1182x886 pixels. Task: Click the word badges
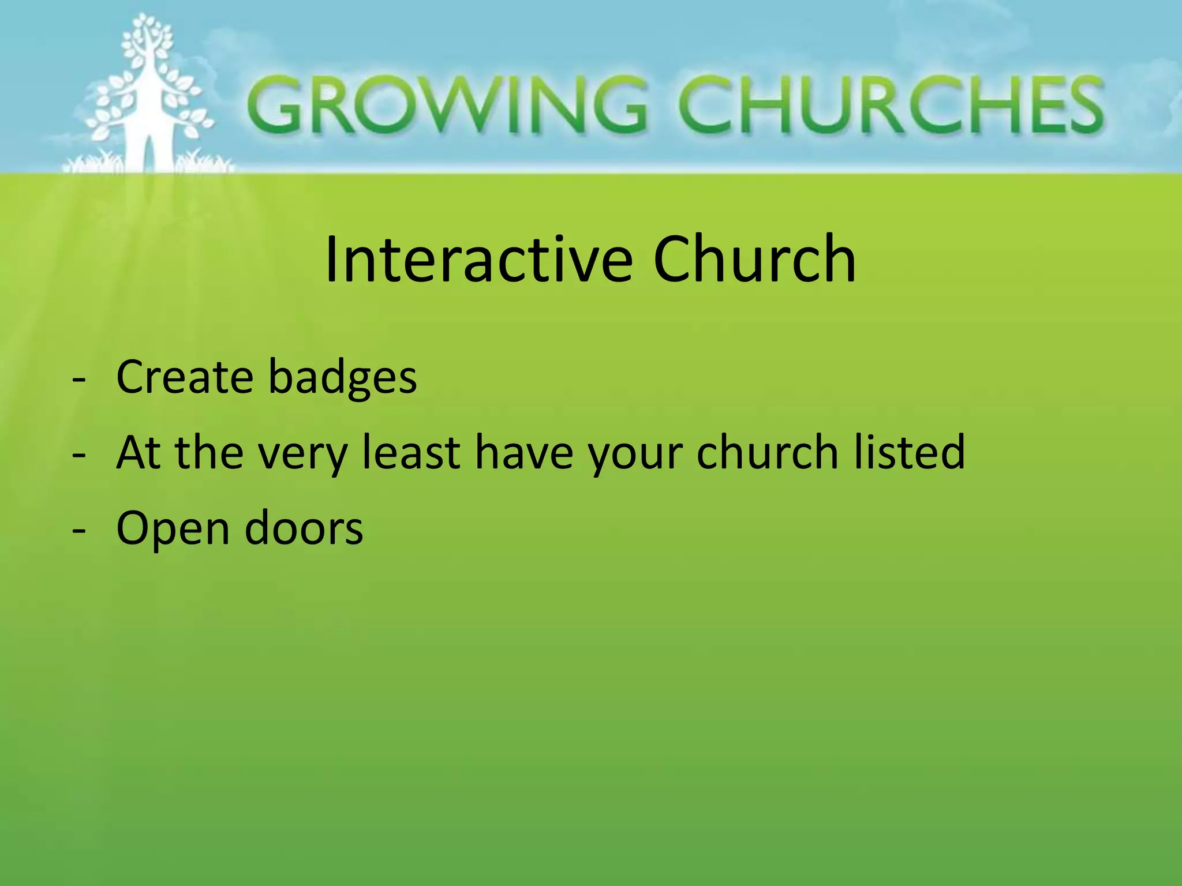point(343,378)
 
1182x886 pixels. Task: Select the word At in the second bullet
point(139,453)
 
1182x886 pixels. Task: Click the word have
point(524,453)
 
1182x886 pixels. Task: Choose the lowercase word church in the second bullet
point(767,453)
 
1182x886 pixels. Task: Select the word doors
point(304,528)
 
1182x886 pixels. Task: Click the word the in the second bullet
point(209,453)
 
